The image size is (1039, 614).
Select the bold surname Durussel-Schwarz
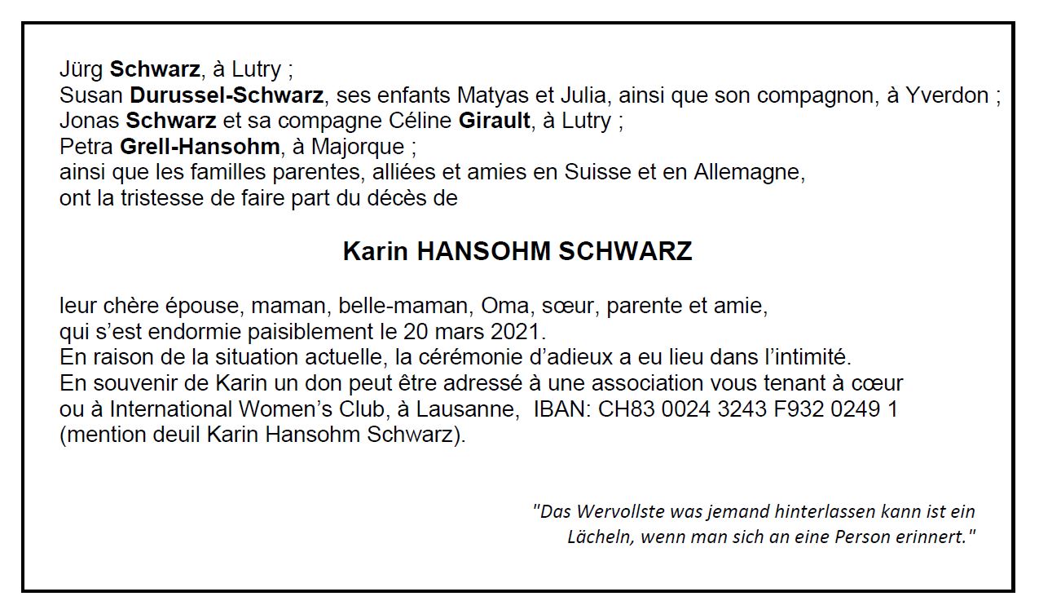point(227,96)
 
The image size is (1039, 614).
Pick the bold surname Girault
point(495,121)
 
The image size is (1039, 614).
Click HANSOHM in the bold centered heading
point(484,251)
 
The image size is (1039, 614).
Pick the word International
point(171,409)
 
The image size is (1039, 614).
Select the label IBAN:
point(562,409)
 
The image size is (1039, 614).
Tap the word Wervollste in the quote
point(620,512)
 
